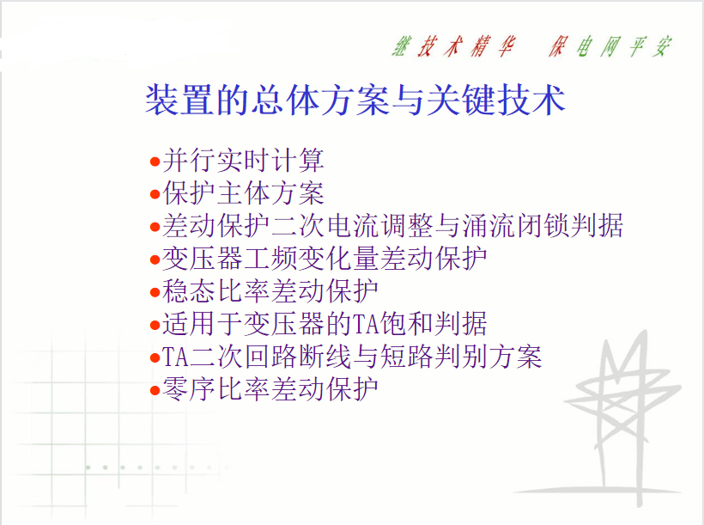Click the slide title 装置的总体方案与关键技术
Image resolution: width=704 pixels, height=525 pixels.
coord(355,100)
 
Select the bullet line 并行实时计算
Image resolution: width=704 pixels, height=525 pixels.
coord(243,161)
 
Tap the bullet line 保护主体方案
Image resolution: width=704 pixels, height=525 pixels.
coord(243,193)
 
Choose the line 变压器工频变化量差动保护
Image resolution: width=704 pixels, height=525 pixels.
coord(325,259)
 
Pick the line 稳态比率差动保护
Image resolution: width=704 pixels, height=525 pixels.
coord(270,290)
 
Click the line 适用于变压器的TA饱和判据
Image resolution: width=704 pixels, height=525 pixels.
coord(325,324)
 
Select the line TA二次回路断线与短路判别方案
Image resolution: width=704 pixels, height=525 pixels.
coord(352,357)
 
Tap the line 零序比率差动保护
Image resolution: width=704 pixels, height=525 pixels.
coord(270,388)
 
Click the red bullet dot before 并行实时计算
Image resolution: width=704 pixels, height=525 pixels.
coord(155,162)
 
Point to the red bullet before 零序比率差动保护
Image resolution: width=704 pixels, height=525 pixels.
coord(155,390)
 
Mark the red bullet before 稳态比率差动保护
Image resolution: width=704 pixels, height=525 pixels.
coord(155,292)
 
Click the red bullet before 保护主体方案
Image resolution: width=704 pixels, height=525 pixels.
coord(155,194)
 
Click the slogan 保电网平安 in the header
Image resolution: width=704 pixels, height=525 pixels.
coord(610,46)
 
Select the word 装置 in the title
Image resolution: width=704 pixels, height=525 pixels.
coord(179,100)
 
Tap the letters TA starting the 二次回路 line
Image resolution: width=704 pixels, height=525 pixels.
coord(175,357)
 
